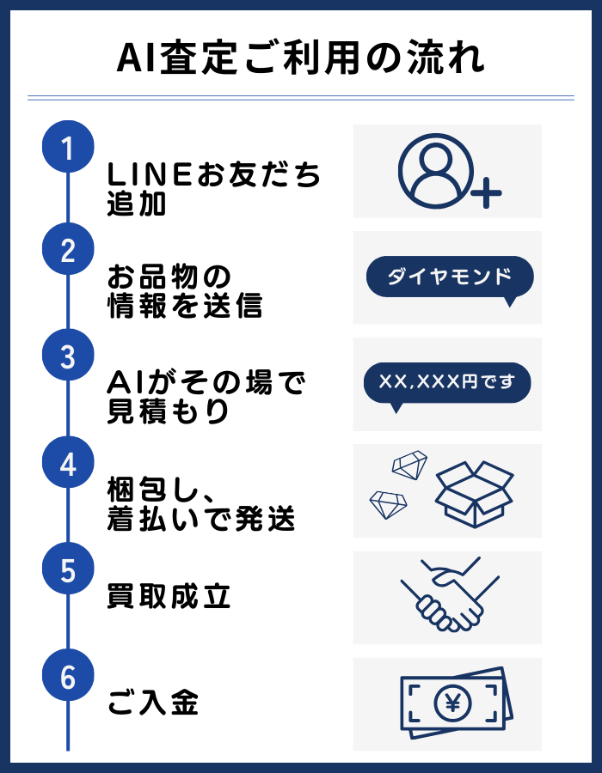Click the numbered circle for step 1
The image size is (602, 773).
pyautogui.click(x=68, y=147)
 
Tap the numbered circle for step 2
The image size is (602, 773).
pyautogui.click(x=68, y=251)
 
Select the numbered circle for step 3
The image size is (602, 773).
pyautogui.click(x=68, y=357)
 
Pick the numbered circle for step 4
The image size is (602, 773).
pyautogui.click(x=68, y=464)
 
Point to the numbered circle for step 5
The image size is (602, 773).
pyautogui.click(x=68, y=569)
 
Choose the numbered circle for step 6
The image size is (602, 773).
pyautogui.click(x=68, y=677)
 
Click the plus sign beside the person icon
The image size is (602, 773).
pyautogui.click(x=486, y=194)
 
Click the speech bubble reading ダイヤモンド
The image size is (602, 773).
pyautogui.click(x=449, y=277)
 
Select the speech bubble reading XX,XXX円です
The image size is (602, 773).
pyautogui.click(x=447, y=383)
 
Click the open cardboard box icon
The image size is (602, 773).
pyautogui.click(x=473, y=493)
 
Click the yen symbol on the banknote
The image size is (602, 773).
pyautogui.click(x=449, y=703)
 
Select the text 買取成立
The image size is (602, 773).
pyautogui.click(x=169, y=596)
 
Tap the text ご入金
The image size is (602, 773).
pyautogui.click(x=153, y=703)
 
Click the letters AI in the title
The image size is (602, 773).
pyautogui.click(x=134, y=58)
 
